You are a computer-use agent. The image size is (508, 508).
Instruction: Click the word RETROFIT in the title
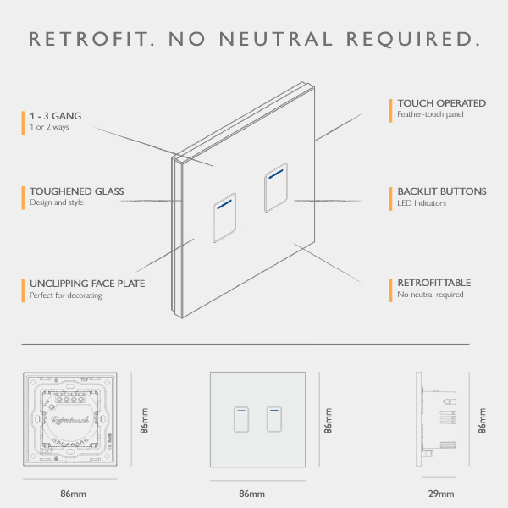click(90, 39)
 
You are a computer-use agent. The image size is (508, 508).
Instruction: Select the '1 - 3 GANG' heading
click(56, 115)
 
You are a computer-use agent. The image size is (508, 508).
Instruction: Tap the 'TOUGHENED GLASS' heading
click(76, 191)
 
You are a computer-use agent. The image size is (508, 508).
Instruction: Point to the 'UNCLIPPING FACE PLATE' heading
click(87, 284)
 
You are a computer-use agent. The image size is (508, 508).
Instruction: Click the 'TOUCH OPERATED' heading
click(441, 103)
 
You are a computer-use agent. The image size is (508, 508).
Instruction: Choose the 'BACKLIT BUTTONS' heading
click(441, 191)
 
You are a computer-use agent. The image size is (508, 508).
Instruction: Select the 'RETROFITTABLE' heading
click(434, 283)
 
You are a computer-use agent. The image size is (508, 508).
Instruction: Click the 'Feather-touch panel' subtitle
click(430, 114)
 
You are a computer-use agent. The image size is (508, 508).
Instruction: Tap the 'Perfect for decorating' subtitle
click(65, 295)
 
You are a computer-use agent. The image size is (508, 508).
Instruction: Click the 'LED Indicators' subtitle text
click(422, 203)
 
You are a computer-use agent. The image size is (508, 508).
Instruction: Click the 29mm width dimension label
click(441, 494)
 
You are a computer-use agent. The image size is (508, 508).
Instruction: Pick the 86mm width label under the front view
click(252, 494)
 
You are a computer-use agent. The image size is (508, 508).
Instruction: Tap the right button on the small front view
click(273, 419)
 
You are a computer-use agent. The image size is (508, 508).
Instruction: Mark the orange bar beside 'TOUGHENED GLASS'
click(23, 196)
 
